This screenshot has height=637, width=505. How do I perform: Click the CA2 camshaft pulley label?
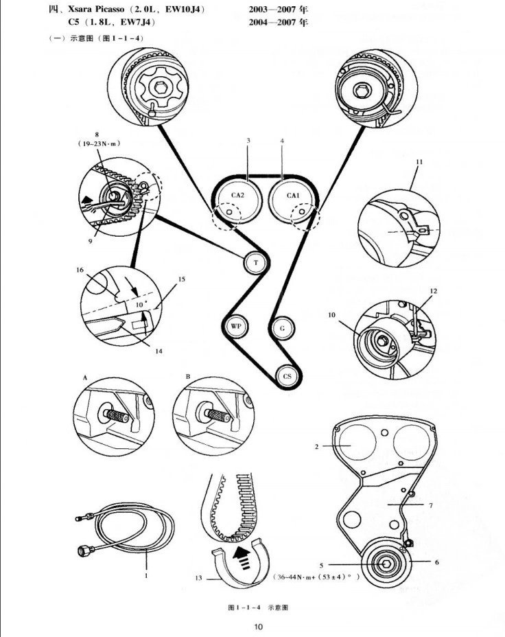tap(237, 195)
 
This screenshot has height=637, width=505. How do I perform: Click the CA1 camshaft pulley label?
tap(293, 195)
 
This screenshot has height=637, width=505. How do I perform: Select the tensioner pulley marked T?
tap(256, 262)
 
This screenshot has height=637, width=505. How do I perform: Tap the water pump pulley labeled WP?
tap(236, 326)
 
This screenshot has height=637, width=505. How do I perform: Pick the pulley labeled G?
tap(283, 327)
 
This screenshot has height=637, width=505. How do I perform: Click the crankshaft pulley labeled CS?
tap(287, 376)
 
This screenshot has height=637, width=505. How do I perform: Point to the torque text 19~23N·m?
tap(99, 143)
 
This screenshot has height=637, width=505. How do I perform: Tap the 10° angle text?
tap(140, 304)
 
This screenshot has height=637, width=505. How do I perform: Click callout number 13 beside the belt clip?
tap(198, 577)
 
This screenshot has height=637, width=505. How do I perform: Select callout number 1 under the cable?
tap(146, 576)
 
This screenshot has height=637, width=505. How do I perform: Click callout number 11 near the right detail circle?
tap(419, 162)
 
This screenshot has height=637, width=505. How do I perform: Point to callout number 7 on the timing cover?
tap(431, 505)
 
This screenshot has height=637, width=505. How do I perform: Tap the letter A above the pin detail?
tap(85, 378)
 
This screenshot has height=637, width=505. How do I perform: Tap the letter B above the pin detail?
tap(187, 377)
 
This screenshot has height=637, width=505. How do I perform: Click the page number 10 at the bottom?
tap(258, 627)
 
